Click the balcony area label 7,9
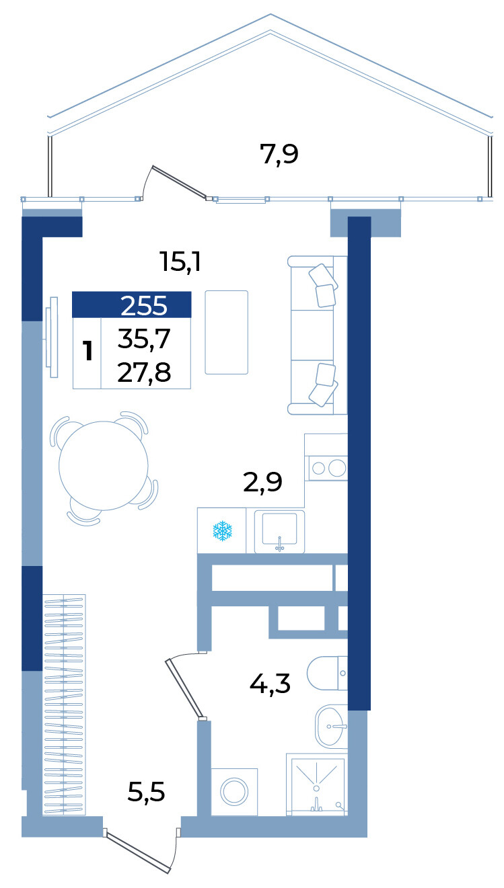tap(279, 154)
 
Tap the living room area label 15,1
tap(180, 261)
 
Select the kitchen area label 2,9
tap(262, 482)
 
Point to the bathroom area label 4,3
tap(270, 684)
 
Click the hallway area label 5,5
tap(146, 792)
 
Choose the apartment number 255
tap(143, 306)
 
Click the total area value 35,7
tap(143, 339)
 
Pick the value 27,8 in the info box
tap(143, 372)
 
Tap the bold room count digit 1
tap(87, 351)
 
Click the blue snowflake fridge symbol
tap(222, 531)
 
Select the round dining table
tap(103, 466)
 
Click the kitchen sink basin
tap(279, 531)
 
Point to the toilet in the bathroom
tap(327, 673)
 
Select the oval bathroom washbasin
tap(330, 726)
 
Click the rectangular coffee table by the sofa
tap(226, 332)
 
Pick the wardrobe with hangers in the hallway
tap(64, 704)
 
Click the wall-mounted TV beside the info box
tap(52, 337)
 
